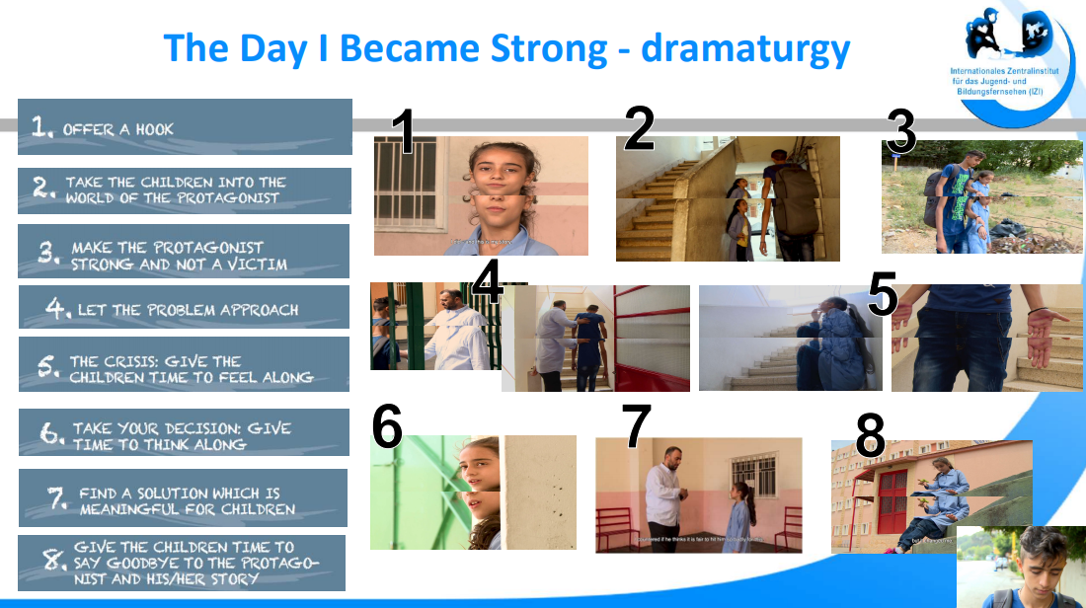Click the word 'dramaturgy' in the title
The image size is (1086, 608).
745,46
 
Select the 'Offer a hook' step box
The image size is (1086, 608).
185,127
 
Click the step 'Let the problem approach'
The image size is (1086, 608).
185,308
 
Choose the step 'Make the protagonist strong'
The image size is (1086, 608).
185,255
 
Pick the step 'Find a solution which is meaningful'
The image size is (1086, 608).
185,499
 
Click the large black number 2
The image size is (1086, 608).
639,128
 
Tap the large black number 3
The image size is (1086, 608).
900,131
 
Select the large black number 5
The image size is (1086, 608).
883,294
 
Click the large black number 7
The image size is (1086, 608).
636,427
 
